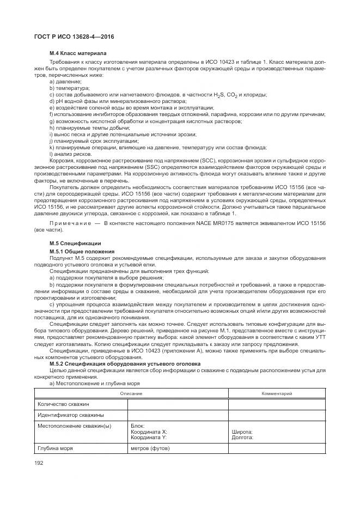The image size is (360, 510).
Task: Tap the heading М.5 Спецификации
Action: point(75,227)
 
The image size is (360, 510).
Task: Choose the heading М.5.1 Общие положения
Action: point(82,235)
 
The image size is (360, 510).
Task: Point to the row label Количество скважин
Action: point(63,404)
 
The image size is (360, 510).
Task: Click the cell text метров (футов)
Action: point(151,449)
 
